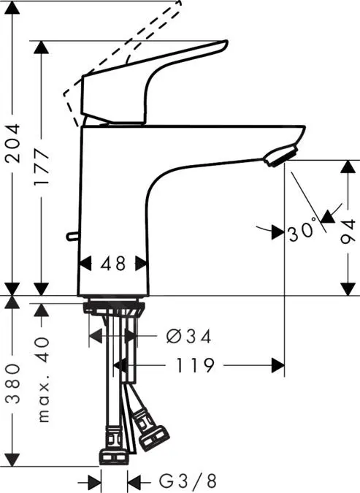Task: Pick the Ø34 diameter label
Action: [188, 337]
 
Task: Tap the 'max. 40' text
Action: [43, 380]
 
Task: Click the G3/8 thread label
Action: [188, 481]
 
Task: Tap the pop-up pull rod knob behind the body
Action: [70, 236]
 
